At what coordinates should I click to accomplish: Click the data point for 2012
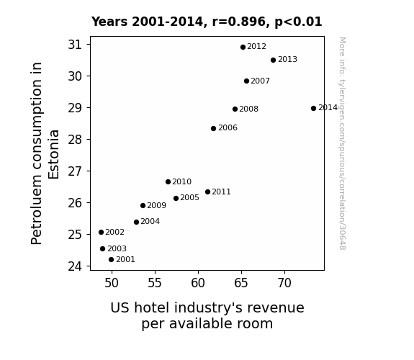click(x=243, y=48)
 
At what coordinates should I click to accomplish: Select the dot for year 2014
click(x=313, y=108)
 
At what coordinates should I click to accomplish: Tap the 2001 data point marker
click(x=111, y=260)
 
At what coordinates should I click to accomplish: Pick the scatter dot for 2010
click(x=168, y=181)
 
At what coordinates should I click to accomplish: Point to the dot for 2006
click(x=213, y=128)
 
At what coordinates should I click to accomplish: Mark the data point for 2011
click(x=207, y=192)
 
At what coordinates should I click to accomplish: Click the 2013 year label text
click(x=287, y=60)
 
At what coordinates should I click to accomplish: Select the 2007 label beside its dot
click(x=261, y=81)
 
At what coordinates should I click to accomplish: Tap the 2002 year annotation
click(x=115, y=232)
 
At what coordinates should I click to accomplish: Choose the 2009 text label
click(x=156, y=205)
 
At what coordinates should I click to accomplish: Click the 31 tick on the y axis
click(x=75, y=45)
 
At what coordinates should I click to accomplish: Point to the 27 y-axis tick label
click(x=75, y=171)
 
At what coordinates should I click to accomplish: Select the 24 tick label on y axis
click(x=75, y=266)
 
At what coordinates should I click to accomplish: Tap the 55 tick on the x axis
click(x=155, y=283)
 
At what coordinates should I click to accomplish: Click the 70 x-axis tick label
click(x=284, y=283)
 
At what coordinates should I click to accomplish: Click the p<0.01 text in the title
click(x=298, y=22)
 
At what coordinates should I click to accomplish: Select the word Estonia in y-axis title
click(x=53, y=155)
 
